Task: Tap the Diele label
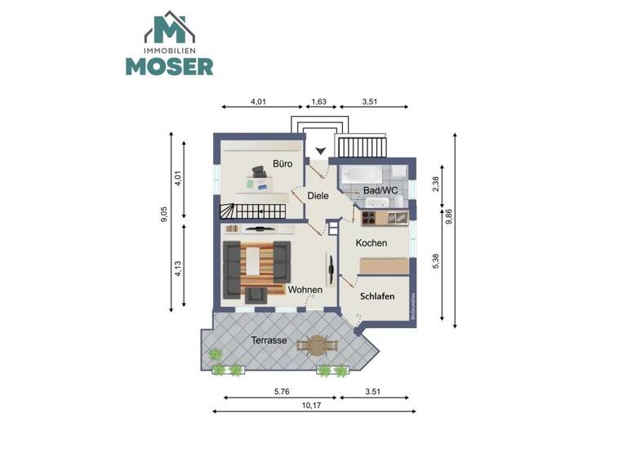point(318,196)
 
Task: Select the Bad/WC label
point(380,191)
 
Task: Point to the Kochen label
point(371,243)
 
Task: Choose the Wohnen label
point(305,290)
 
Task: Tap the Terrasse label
point(269,340)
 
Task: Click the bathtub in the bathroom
point(360,175)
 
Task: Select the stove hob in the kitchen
point(369,218)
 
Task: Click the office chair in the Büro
point(259,171)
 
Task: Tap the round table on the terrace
point(316,347)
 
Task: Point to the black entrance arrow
point(321,150)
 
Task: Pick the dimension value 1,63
point(318,103)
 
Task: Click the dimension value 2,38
point(436,184)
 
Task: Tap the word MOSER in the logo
point(169,65)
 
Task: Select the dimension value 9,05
point(164,215)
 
